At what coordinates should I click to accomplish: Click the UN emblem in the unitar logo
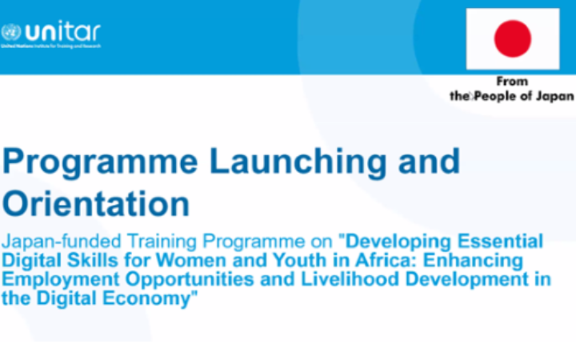[11, 33]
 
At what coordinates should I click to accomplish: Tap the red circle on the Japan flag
[513, 38]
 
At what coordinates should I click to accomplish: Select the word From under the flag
[513, 82]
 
